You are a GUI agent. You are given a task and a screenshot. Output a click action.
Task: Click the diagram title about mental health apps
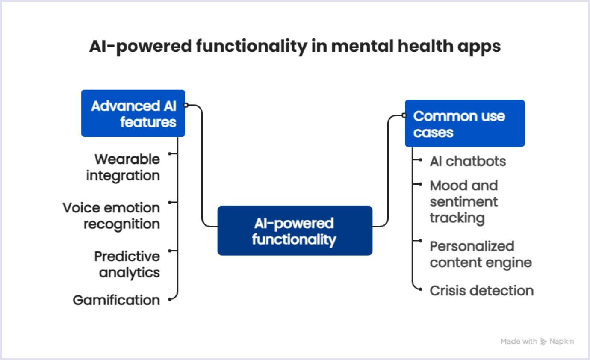click(x=295, y=46)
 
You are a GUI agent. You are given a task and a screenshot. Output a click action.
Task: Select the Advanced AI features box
click(x=133, y=113)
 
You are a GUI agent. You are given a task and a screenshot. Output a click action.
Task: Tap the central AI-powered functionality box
click(x=295, y=230)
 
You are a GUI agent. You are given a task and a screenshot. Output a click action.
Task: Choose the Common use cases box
click(x=464, y=124)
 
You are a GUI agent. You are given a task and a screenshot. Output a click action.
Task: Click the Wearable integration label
click(x=123, y=167)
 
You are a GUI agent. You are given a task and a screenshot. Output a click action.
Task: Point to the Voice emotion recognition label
click(x=112, y=215)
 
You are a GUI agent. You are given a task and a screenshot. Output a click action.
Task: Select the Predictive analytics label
click(x=127, y=264)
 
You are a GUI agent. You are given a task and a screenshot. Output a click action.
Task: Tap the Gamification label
click(x=116, y=300)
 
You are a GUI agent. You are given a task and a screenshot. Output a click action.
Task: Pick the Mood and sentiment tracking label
click(x=464, y=201)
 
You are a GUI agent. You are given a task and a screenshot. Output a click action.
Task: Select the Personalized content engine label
click(x=481, y=254)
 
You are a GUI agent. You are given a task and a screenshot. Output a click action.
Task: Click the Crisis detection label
click(x=481, y=291)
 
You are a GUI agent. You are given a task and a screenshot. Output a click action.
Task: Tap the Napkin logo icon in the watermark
click(x=544, y=342)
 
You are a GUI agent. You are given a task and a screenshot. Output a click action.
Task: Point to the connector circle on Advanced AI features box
click(x=186, y=105)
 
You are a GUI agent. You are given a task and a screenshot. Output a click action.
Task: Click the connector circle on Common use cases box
click(x=404, y=115)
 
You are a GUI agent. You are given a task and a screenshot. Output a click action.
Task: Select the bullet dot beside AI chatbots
click(x=420, y=161)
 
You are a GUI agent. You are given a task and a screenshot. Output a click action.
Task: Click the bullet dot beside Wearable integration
click(x=170, y=153)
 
